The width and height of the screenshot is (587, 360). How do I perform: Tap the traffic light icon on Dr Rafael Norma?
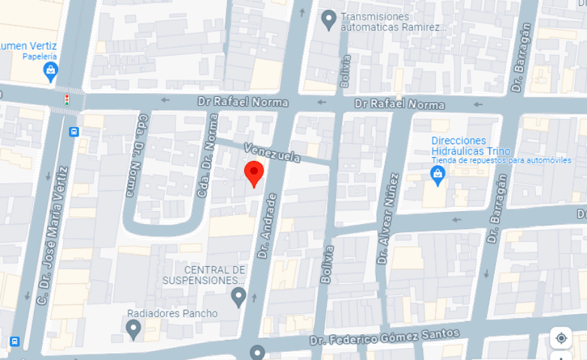click(x=66, y=100)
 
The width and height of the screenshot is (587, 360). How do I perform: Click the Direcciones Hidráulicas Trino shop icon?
click(x=438, y=174)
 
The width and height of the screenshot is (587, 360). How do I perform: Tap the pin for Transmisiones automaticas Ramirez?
click(x=329, y=20)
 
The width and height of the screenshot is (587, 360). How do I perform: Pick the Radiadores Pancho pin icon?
click(x=133, y=329)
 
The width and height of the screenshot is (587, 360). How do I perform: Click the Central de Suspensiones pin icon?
click(x=239, y=297)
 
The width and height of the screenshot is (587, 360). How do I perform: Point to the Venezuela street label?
click(x=272, y=153)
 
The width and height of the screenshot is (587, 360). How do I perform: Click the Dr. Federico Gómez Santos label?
click(x=385, y=336)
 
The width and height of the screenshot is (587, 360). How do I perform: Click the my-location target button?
click(x=561, y=338)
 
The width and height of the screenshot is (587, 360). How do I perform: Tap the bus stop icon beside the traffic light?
click(x=74, y=131)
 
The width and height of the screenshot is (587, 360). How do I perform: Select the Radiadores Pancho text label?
click(x=172, y=313)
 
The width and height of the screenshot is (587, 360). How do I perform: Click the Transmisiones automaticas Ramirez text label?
click(x=393, y=22)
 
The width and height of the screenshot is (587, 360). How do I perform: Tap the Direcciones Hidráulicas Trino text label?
click(x=470, y=146)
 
